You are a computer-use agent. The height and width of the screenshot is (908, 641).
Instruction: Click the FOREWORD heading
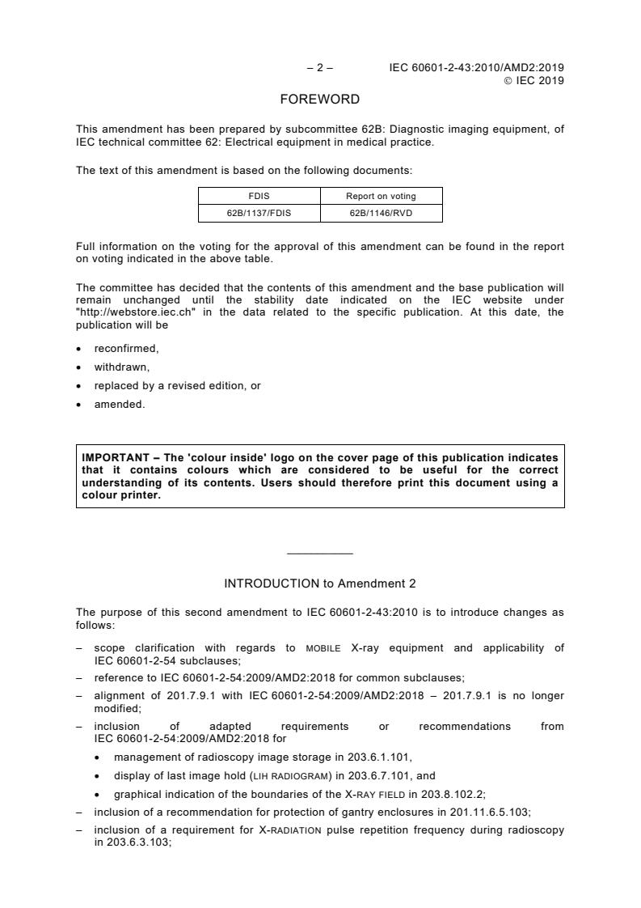[319, 100]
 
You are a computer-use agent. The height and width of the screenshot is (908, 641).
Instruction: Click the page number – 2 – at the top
[320, 68]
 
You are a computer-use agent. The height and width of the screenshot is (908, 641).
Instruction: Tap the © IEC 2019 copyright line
[533, 80]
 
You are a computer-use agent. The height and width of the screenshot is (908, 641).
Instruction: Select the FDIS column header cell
[259, 196]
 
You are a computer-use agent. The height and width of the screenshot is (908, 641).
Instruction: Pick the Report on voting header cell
[382, 196]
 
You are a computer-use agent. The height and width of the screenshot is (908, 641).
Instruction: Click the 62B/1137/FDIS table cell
[259, 214]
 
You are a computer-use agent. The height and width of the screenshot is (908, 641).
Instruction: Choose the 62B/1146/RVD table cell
[382, 214]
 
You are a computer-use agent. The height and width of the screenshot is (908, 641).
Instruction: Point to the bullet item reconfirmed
[126, 349]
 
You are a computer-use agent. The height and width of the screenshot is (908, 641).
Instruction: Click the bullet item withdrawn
[122, 367]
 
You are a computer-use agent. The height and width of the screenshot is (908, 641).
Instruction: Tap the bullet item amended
[120, 405]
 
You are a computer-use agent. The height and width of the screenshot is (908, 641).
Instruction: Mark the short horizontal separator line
[320, 554]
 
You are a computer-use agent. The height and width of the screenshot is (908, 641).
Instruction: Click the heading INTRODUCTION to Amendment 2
[320, 583]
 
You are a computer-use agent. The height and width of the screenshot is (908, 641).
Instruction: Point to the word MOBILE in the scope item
[323, 648]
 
